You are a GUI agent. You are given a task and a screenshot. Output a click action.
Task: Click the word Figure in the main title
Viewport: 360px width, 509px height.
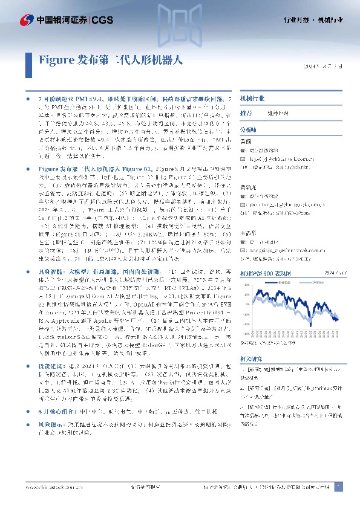[56, 60]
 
